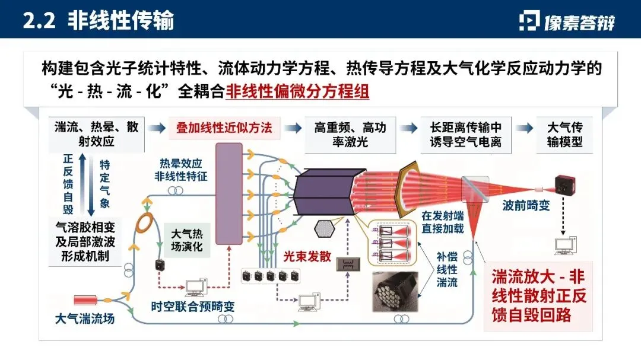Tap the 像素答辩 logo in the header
(x=567, y=21)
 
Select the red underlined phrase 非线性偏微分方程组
(x=297, y=93)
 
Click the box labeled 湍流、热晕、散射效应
(x=96, y=135)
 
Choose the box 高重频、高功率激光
(x=350, y=135)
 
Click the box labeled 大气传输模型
(x=564, y=135)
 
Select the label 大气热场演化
(x=187, y=239)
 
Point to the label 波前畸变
(x=523, y=205)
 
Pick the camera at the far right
(x=566, y=184)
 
